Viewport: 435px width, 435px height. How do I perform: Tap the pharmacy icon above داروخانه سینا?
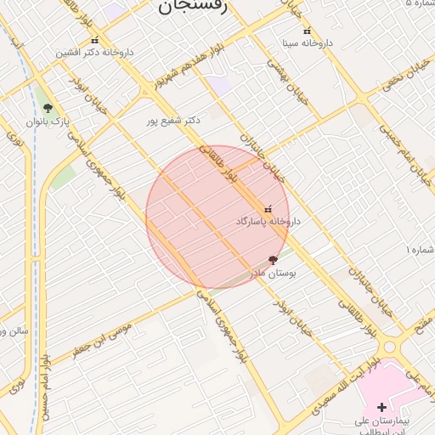(307, 31)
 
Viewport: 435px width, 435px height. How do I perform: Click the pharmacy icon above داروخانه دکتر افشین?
(94, 41)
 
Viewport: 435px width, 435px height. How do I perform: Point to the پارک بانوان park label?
(47, 122)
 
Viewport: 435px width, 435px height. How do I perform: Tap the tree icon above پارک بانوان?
(48, 108)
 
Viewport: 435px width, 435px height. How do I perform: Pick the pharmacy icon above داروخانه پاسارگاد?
(268, 208)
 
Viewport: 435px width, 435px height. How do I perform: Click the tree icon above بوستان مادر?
(273, 260)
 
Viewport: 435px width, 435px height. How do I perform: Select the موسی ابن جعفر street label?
(102, 339)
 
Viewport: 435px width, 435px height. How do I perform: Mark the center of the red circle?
(217, 217)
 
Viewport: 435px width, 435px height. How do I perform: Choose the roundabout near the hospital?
(392, 347)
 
